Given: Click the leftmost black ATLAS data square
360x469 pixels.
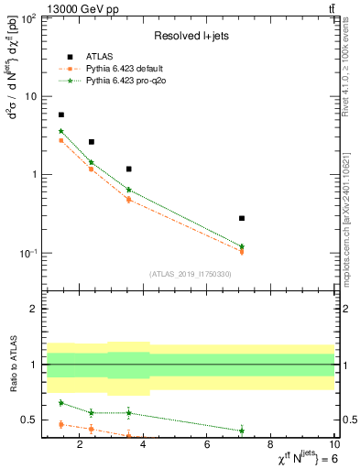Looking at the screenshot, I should pos(61,115).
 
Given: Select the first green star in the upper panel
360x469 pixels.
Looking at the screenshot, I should pos(61,131).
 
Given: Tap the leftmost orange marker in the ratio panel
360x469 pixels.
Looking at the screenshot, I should pos(61,424).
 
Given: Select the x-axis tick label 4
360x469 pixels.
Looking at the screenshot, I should pos(145,446).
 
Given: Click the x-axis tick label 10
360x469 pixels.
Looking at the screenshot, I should pos(334,446).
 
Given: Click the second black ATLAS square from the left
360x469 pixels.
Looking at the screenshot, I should pos(92,142).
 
